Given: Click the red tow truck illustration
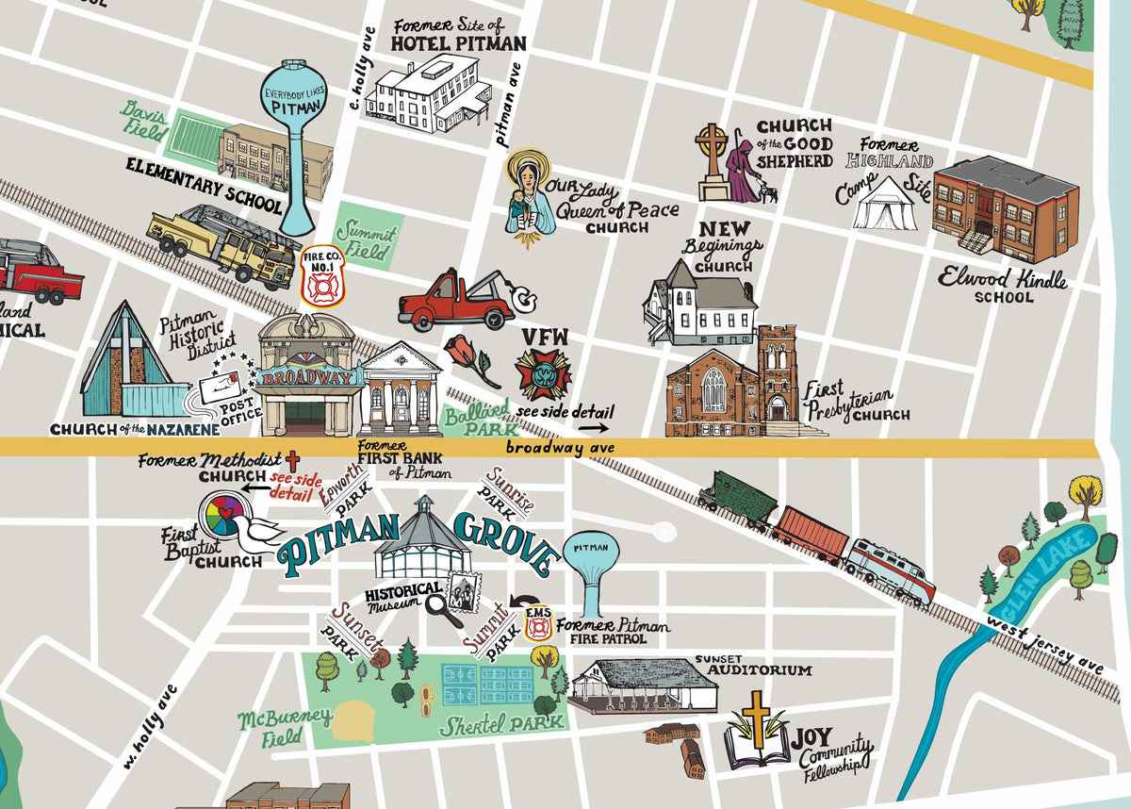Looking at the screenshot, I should pyautogui.click(x=460, y=300).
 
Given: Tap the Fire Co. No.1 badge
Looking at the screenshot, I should pyautogui.click(x=322, y=274).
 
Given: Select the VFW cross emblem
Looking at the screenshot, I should pyautogui.click(x=543, y=374).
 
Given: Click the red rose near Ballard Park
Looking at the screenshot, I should pyautogui.click(x=470, y=361).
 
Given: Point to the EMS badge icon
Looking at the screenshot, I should pyautogui.click(x=538, y=624).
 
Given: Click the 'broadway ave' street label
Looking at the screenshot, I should pyautogui.click(x=560, y=449).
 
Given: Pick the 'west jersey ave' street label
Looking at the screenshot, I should pyautogui.click(x=1045, y=646).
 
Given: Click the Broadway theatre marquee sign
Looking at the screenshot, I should pyautogui.click(x=309, y=378).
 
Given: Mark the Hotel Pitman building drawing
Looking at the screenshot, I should pyautogui.click(x=429, y=94).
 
